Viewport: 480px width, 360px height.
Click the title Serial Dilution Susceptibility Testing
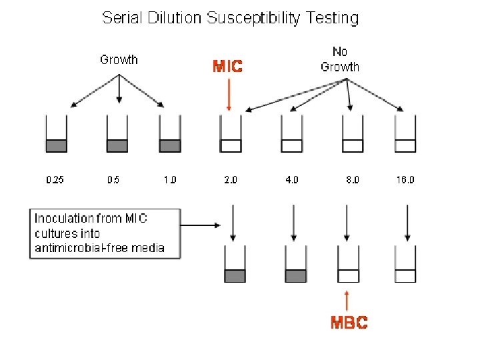tap(230, 18)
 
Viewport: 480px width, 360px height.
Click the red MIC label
tap(227, 67)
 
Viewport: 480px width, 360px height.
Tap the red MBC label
tap(349, 323)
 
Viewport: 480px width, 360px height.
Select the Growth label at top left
tap(119, 59)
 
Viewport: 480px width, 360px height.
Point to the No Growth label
tap(339, 59)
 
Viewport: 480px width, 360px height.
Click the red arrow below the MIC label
tap(228, 93)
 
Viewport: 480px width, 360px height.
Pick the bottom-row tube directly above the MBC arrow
tap(348, 265)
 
